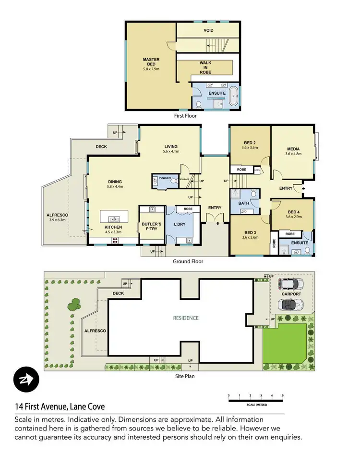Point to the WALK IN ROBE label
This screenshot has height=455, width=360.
[x=205, y=68]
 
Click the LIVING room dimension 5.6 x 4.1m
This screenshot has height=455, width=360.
[x=171, y=151]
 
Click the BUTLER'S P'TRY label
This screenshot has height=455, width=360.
[x=151, y=226]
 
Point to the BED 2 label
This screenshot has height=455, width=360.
[x=250, y=143]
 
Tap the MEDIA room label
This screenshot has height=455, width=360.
[x=293, y=148]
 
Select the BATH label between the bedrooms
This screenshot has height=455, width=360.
[x=244, y=204]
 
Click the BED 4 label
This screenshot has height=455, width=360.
[x=293, y=212]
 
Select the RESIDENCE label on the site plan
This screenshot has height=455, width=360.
[x=186, y=318]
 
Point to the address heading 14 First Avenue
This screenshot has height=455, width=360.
[x=60, y=406]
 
